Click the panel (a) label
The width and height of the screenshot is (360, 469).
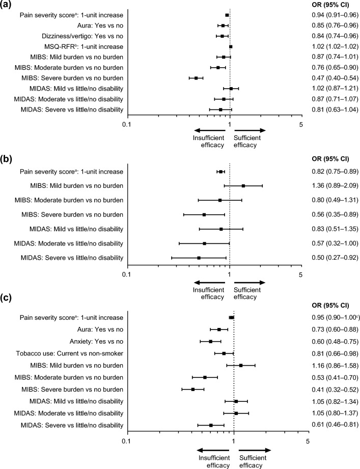coord(6,5)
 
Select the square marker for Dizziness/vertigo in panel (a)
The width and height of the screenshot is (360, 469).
coord(222,36)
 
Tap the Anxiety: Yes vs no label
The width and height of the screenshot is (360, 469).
coord(96,342)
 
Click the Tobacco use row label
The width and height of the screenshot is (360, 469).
coord(69,353)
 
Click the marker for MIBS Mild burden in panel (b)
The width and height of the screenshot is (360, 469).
coord(243,186)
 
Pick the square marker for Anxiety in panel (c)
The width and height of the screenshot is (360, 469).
coord(210,342)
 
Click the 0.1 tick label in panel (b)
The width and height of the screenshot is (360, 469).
coord(127,274)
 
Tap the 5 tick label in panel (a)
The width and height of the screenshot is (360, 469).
coord(301,124)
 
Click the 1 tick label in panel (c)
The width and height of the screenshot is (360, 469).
coord(234,432)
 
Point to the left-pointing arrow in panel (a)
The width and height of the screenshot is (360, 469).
coord(210,130)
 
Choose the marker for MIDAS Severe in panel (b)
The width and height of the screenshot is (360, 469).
coord(199,258)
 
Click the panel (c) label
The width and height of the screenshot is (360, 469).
coord(6,298)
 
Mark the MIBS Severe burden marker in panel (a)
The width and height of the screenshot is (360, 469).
coord(196,78)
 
